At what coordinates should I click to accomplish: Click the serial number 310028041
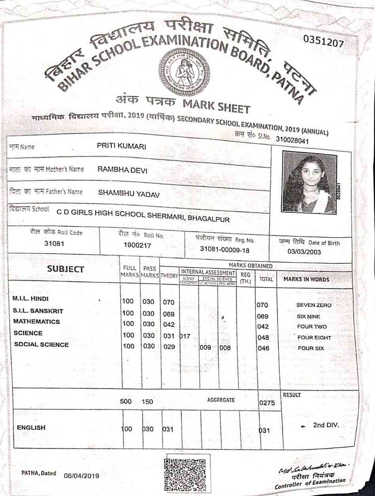[x=290, y=141]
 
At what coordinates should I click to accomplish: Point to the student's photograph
[x=310, y=183]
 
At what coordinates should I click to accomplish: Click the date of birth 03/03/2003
[x=304, y=252]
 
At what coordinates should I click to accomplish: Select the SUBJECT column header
[x=65, y=269]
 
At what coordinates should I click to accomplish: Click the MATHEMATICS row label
[x=36, y=322]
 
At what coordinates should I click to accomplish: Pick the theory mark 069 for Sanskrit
[x=169, y=314]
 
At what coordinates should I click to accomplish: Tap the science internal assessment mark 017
[x=185, y=336]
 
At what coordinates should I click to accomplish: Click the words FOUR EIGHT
[x=314, y=338]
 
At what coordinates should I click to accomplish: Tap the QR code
[x=185, y=475]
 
